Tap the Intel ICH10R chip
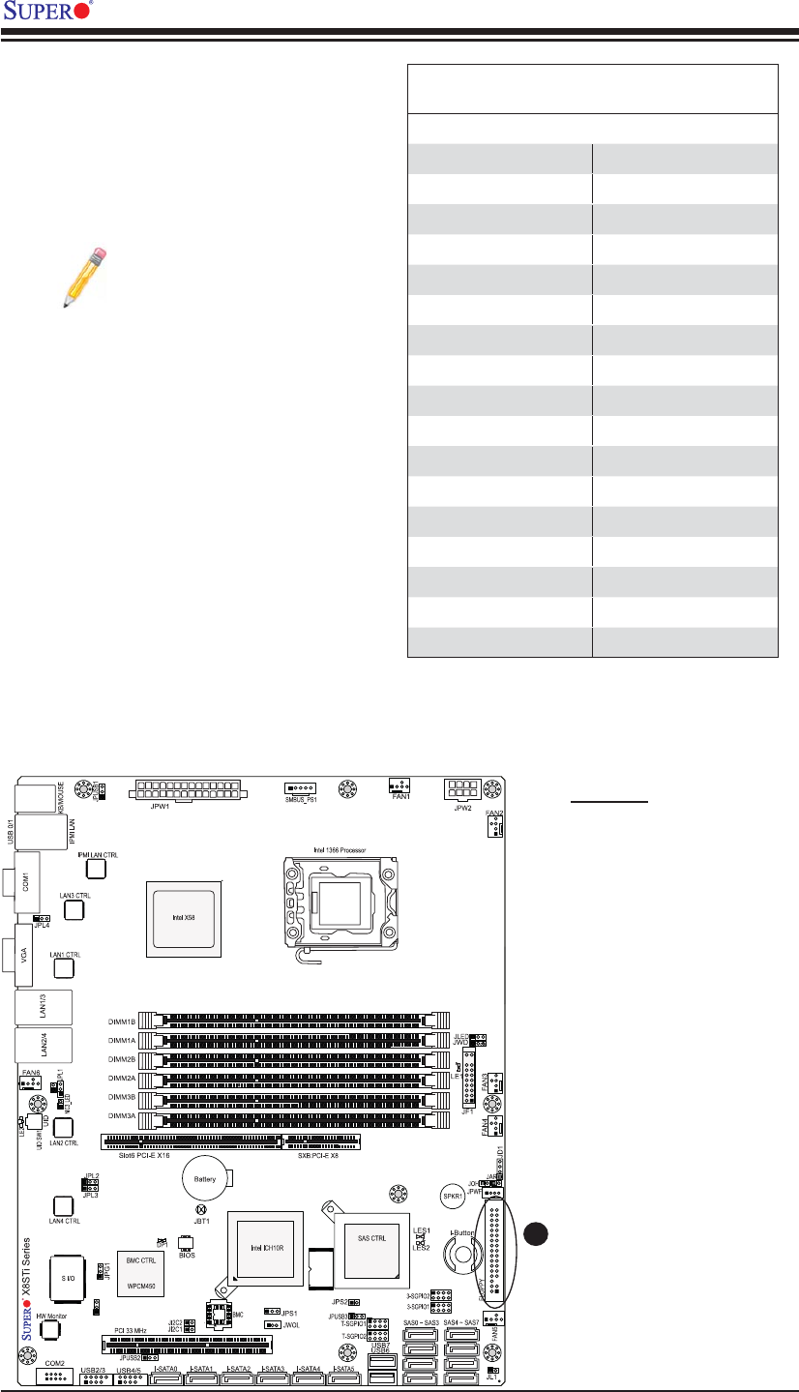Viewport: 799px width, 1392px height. click(x=263, y=1247)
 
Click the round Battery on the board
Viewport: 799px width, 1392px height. click(x=206, y=1179)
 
